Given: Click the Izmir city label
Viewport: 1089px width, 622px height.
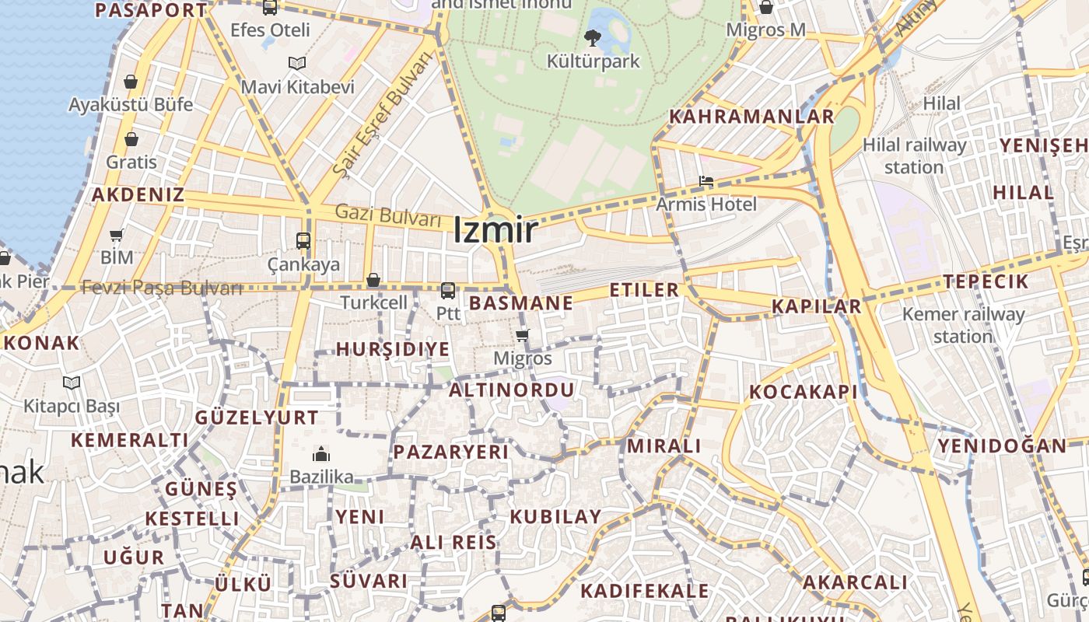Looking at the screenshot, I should click(495, 230).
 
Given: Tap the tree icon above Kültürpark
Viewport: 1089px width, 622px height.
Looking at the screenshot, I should click(593, 37).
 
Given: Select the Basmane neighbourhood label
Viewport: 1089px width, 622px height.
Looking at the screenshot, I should click(521, 303).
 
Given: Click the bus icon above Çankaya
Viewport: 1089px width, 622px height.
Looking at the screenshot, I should click(303, 241).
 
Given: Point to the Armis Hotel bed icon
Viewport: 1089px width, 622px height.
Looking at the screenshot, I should click(706, 182).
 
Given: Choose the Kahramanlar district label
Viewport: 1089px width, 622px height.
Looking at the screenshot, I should click(751, 117).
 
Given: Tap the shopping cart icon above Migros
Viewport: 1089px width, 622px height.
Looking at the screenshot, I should click(523, 336).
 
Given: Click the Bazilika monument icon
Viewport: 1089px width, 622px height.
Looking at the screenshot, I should click(321, 454).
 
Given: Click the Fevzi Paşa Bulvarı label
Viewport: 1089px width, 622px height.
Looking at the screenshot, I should click(162, 288).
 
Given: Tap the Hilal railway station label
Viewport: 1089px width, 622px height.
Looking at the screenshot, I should click(914, 155).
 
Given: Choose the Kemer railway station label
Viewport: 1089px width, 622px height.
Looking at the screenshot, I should click(963, 325).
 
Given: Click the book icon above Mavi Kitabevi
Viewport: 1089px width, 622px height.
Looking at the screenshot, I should click(297, 64).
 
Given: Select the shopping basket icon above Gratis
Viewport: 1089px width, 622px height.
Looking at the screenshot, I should click(131, 140).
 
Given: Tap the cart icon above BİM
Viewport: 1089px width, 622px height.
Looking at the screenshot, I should click(117, 235).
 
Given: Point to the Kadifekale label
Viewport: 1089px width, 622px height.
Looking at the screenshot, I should click(645, 591).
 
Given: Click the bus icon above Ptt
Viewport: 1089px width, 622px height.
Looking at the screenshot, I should click(448, 291).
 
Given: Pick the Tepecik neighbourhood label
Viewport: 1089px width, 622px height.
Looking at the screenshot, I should click(986, 281).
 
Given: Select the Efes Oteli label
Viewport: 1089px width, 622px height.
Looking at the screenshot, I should click(270, 30).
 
